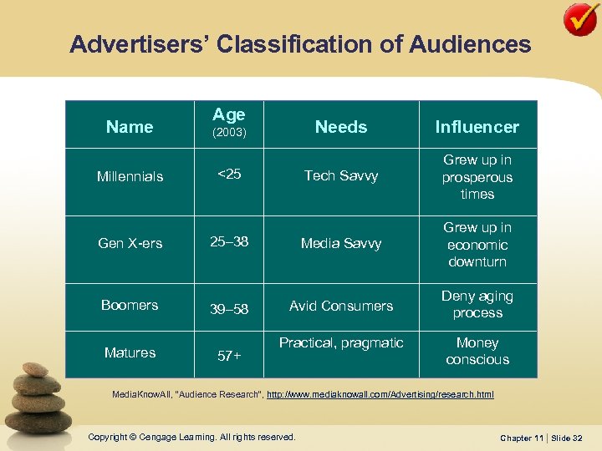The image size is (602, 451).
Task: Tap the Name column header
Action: click(130, 127)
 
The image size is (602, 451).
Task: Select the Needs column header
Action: click(341, 127)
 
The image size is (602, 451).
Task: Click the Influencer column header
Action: click(477, 127)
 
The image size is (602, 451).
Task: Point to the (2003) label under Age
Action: click(228, 133)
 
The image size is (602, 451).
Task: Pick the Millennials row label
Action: click(130, 176)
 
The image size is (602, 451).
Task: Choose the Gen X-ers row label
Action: click(130, 243)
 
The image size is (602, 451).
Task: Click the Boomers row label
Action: click(130, 305)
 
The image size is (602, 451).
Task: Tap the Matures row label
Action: click(130, 352)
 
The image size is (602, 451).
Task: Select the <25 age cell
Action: click(228, 174)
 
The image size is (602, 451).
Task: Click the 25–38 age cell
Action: click(228, 242)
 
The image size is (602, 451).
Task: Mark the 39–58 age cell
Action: click(228, 309)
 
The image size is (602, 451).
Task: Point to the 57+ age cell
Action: click(228, 356)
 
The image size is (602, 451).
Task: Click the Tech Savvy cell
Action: click(341, 175)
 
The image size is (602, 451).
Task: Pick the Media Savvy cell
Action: click(341, 243)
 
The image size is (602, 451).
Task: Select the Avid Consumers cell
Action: click(341, 306)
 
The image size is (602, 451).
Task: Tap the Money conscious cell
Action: click(477, 351)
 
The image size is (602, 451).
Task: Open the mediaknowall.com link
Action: click(380, 393)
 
